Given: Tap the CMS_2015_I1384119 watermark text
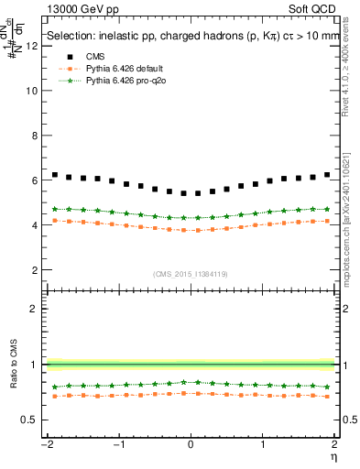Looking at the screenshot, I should (x=191, y=275).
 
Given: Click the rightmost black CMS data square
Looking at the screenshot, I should (x=326, y=174).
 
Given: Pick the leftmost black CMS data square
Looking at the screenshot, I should (x=55, y=174).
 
